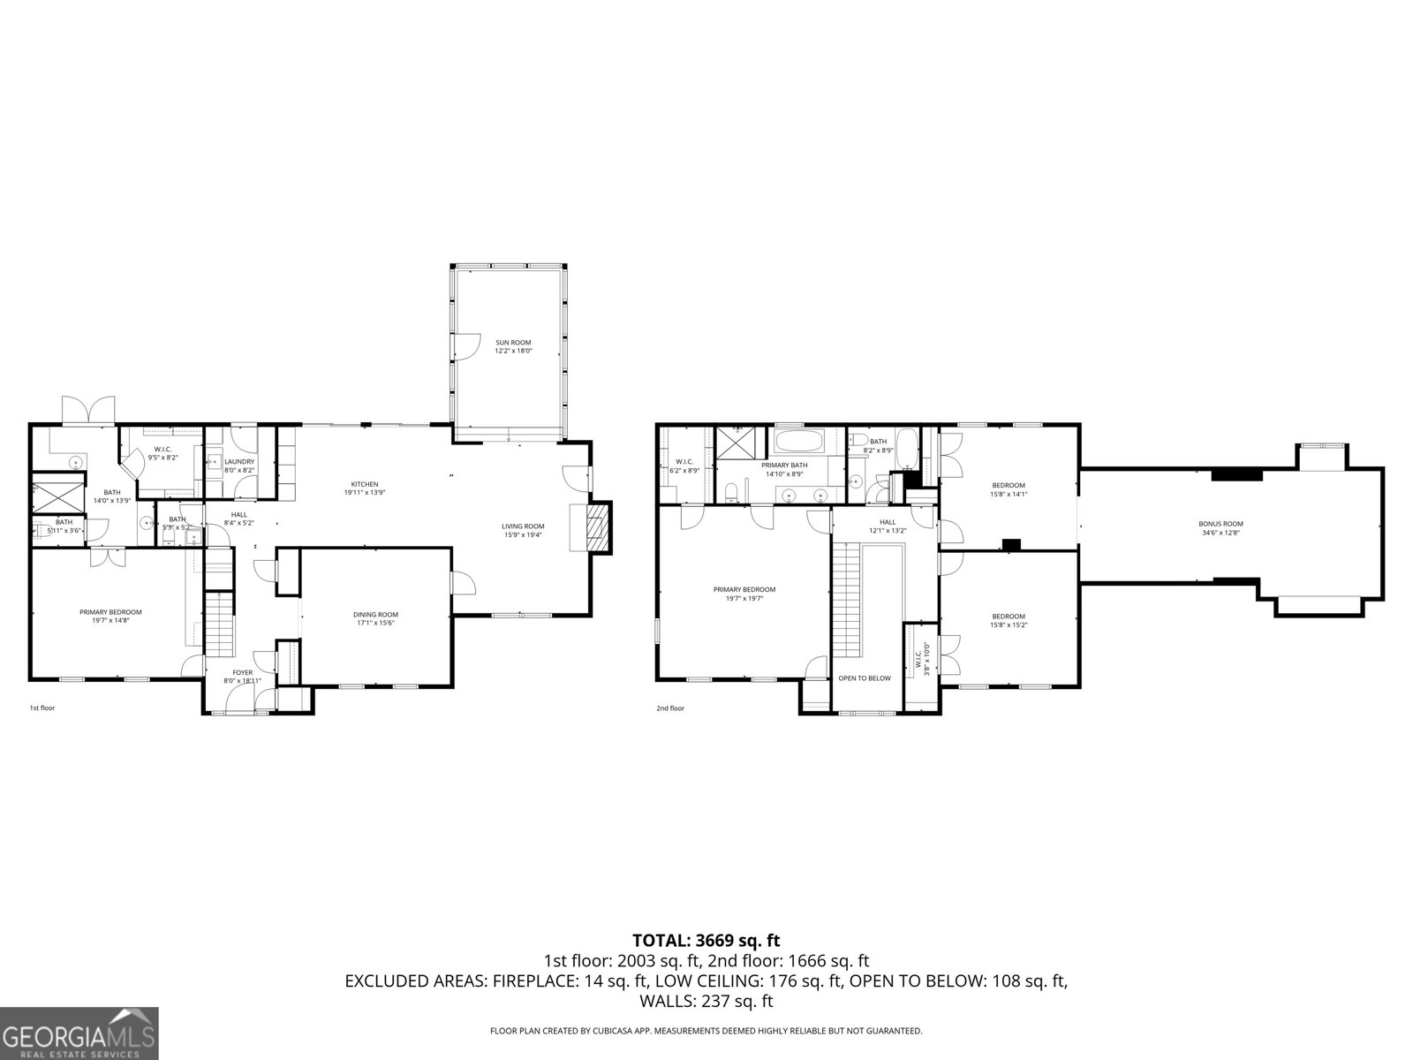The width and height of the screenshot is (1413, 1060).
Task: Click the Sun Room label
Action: point(513,346)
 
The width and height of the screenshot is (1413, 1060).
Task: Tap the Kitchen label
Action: point(365,488)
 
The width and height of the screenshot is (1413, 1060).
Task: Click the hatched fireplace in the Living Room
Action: point(600,528)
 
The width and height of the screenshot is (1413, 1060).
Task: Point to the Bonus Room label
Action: point(1221,527)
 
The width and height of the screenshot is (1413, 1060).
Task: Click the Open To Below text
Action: point(865,678)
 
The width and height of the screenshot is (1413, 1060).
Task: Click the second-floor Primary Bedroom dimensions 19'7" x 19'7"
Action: point(744,598)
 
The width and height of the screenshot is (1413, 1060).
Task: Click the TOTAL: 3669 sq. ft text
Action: point(706,941)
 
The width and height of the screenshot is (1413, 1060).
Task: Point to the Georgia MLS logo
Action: point(79,1033)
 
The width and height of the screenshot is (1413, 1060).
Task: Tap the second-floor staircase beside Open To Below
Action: point(846,601)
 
